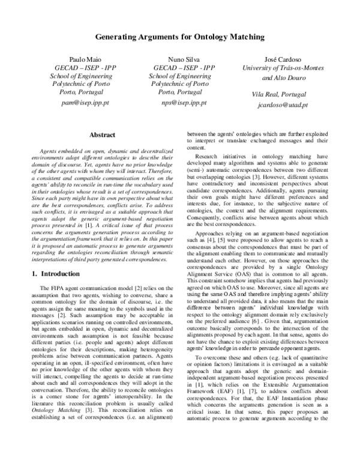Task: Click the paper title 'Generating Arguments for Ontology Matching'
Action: [180, 37]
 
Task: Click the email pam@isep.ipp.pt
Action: [80, 103]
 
